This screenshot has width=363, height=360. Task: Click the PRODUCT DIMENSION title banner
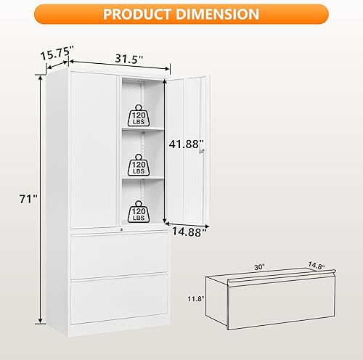181,14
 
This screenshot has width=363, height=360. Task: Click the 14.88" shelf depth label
189,232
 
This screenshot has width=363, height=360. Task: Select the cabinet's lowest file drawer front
119,300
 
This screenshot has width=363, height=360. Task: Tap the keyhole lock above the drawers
121,229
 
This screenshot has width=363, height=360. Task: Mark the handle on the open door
205,149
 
